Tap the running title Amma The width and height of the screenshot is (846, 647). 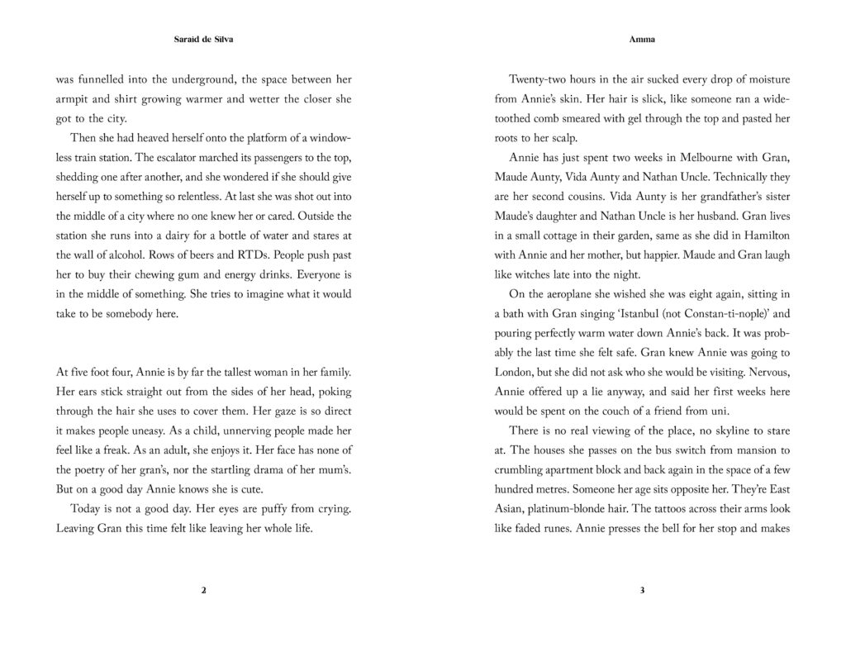(641, 39)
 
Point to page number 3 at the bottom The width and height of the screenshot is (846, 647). (641, 591)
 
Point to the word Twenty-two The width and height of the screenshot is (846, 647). (540, 80)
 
